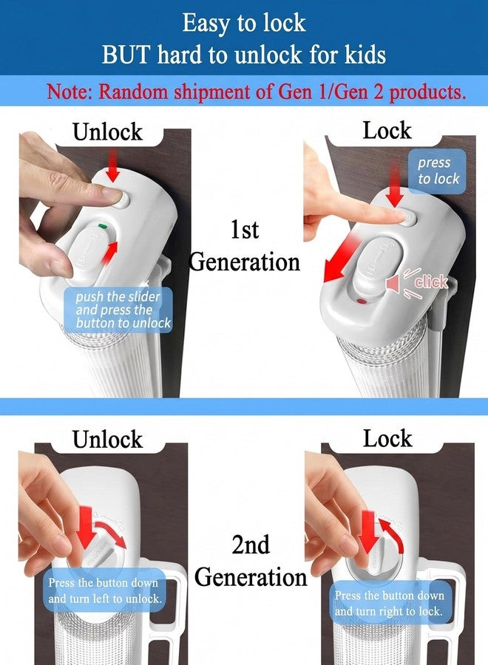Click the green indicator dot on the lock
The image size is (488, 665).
(102, 226)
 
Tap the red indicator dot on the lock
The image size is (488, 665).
(362, 301)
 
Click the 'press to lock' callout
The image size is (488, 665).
(438, 171)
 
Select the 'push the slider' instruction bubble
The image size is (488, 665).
(119, 310)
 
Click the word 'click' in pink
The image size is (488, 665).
(431, 282)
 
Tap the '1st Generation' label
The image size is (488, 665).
(245, 246)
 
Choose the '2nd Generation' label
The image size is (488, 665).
(251, 561)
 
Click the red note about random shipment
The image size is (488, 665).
(257, 91)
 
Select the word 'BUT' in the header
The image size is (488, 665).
(126, 55)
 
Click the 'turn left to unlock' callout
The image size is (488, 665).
(105, 590)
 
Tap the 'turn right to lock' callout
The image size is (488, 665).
(389, 603)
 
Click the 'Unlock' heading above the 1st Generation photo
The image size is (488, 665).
(107, 132)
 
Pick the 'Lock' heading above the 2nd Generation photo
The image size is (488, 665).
(387, 438)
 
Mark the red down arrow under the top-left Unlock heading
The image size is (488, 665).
(112, 165)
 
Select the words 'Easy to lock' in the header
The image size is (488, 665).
(244, 23)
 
